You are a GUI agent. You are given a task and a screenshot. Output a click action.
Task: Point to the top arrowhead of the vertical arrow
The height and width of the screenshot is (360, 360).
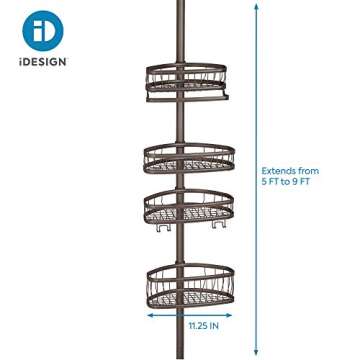tap(258, 8)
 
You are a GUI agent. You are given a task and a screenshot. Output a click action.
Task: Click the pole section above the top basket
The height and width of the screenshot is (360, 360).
tap(186, 30)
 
